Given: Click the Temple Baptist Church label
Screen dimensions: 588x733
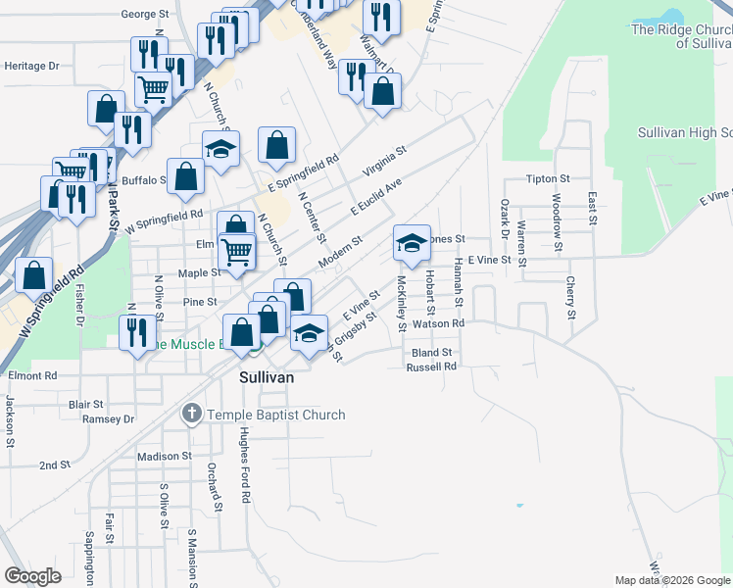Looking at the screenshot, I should click(x=275, y=415).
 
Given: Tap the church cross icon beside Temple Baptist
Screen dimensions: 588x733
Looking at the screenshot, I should click(x=191, y=415).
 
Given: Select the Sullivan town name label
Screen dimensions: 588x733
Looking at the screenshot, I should click(x=267, y=376).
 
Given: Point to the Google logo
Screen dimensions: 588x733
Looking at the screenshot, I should click(x=33, y=575).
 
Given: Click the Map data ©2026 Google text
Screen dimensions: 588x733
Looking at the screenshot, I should click(x=671, y=580).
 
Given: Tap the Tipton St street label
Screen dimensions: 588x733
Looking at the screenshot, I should click(x=548, y=179).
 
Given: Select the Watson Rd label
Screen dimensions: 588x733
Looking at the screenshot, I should click(x=437, y=322).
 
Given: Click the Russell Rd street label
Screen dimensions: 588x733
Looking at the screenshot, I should click(x=432, y=367).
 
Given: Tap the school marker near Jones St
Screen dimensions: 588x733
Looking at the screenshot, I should click(x=412, y=242).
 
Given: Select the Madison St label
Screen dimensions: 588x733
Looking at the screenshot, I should click(x=165, y=456).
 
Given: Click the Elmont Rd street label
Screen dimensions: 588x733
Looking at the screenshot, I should click(x=32, y=375).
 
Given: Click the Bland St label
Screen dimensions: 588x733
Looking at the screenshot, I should click(x=431, y=352).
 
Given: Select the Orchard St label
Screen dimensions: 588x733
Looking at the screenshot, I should click(x=209, y=480).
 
